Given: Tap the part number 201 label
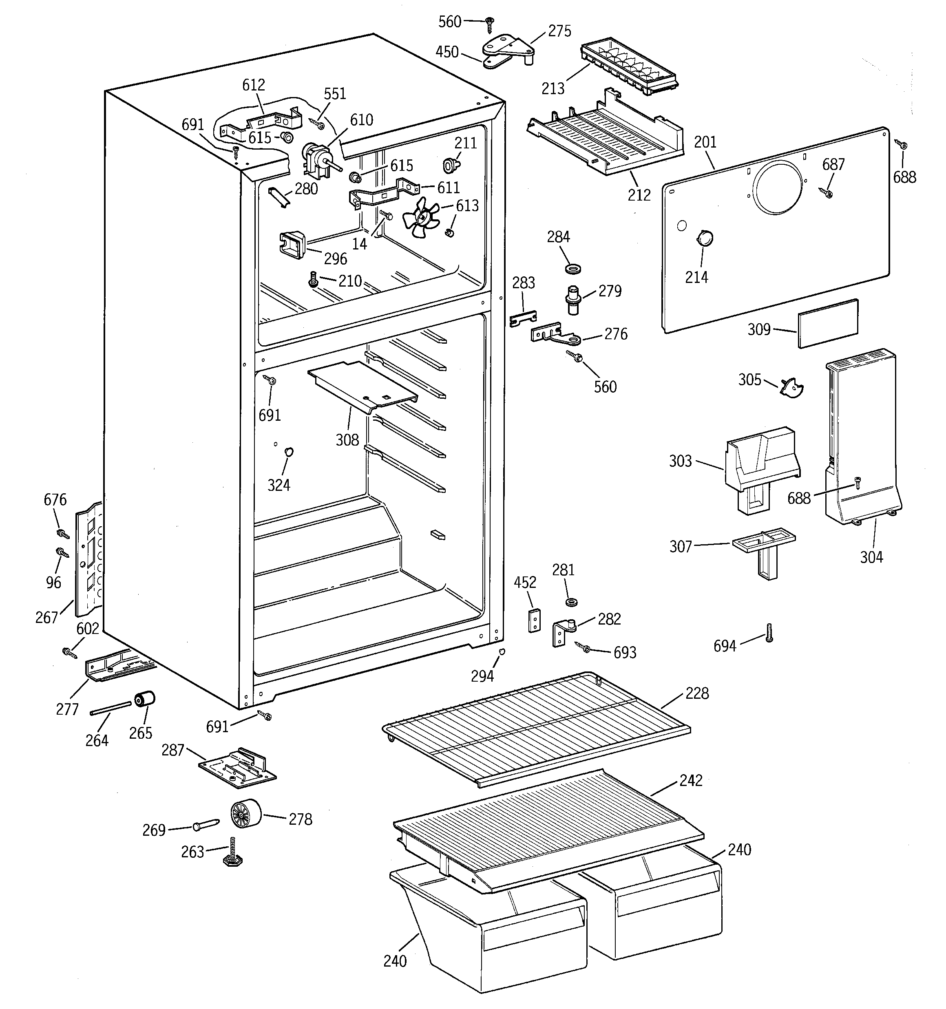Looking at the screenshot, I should tap(705, 143).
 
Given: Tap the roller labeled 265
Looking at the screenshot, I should tap(144, 700).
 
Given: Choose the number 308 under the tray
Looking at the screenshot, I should tap(347, 439).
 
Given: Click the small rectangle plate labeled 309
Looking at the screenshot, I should tap(828, 323).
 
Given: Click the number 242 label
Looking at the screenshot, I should tap(691, 780).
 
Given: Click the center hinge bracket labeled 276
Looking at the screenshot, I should tap(553, 334).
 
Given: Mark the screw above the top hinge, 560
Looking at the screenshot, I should tap(490, 22).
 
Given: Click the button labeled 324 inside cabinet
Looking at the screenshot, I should tap(289, 451).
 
